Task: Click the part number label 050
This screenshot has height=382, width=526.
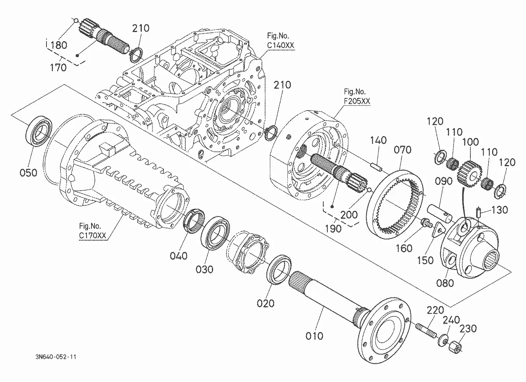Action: (29, 173)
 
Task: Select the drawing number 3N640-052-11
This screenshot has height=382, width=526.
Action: (56, 357)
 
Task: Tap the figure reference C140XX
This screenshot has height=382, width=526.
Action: (281, 45)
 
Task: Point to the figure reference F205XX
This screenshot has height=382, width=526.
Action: (357, 101)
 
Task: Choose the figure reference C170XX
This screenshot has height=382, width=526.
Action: (93, 235)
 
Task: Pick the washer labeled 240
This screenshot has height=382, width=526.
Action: (443, 340)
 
